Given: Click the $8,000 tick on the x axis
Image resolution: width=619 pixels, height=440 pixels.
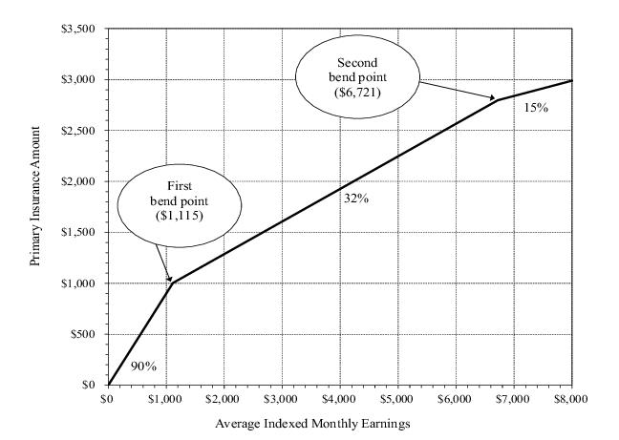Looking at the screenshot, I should [571, 397].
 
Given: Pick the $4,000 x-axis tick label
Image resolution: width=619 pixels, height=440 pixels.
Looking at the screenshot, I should [339, 397].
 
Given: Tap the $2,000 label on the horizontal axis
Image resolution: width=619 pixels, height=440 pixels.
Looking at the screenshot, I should [224, 397].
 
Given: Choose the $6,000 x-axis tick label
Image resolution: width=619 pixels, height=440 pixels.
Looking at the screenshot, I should [455, 397].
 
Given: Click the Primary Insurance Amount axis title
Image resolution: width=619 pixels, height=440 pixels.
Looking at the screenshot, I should [35, 207].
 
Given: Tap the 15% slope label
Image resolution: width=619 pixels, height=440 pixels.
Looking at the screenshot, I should [536, 108].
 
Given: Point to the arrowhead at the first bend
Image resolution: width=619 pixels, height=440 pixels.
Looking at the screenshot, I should [171, 280].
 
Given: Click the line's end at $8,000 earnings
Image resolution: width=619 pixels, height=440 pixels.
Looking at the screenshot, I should [571, 80].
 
